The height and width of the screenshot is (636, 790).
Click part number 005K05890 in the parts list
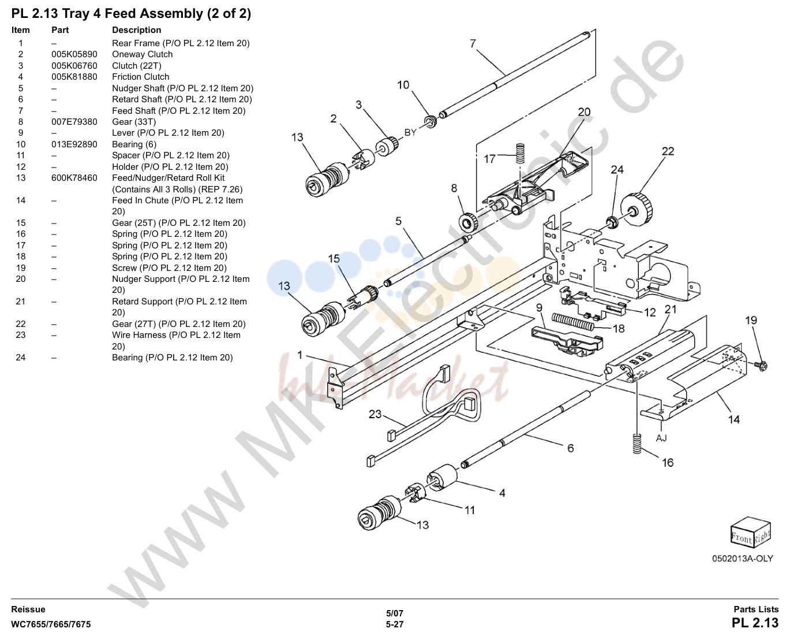(x=74, y=54)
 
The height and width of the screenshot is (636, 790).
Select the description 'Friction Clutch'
(x=141, y=77)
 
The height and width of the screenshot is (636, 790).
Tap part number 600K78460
(x=74, y=178)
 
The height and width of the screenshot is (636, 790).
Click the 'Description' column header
(x=137, y=30)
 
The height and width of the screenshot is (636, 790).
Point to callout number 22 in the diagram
(x=668, y=151)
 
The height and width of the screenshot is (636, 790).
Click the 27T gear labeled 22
(x=637, y=210)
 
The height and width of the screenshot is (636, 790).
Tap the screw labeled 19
(x=761, y=366)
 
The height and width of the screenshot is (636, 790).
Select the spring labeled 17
(x=519, y=153)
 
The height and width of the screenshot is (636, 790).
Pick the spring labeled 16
(x=637, y=443)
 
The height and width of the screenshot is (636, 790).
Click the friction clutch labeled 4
(x=441, y=477)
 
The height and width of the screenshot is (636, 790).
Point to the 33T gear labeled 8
(x=469, y=222)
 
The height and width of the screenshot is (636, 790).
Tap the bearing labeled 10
(x=430, y=122)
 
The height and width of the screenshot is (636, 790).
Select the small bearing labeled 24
(x=611, y=222)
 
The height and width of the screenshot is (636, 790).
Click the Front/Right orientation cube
(x=750, y=532)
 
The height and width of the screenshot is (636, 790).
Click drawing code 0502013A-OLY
(x=742, y=559)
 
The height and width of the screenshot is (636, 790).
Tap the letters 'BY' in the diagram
(x=410, y=132)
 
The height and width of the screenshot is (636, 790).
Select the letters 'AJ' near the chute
(x=661, y=438)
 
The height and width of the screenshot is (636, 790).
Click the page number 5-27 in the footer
(x=395, y=624)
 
